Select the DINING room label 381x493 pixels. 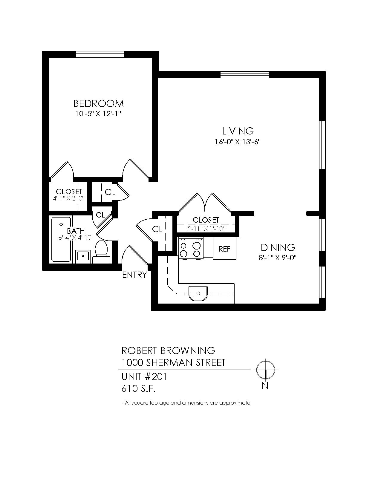(278, 247)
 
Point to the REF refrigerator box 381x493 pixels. (224, 248)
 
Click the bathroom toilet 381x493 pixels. (102, 252)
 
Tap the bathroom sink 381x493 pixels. (83, 257)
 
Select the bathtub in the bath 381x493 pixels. (61, 239)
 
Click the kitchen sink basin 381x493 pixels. (198, 294)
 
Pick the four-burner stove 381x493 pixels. (191, 248)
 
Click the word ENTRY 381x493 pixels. (134, 275)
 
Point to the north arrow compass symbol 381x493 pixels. (265, 370)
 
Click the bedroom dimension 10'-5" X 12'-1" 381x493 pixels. (98, 114)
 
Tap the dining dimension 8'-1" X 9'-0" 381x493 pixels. (278, 258)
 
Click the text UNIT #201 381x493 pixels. (144, 377)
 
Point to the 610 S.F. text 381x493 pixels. (138, 389)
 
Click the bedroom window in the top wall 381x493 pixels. (100, 54)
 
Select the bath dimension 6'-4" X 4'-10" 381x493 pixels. (76, 238)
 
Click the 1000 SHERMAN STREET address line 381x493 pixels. (174, 363)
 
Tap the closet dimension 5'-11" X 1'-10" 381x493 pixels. (206, 229)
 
